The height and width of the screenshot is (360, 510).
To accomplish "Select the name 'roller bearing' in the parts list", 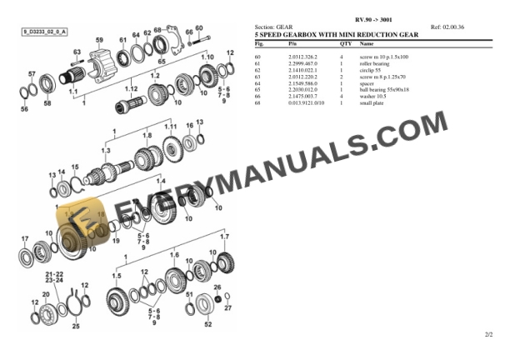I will pos(374,62).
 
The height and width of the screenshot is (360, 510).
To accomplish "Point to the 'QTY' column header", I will pos(345,42).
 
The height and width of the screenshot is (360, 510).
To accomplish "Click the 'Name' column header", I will pos(367,42).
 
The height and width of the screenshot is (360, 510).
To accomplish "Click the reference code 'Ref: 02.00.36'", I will pos(447,27).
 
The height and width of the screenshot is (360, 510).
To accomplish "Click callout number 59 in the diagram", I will pos(99,39).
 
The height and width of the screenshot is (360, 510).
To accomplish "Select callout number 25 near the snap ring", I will pos(75,326).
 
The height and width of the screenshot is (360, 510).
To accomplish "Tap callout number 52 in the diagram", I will pos(207,325).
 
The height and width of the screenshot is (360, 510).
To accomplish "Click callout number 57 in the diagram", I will pos(32,74).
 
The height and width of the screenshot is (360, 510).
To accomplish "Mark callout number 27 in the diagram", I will pos(227,308).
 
